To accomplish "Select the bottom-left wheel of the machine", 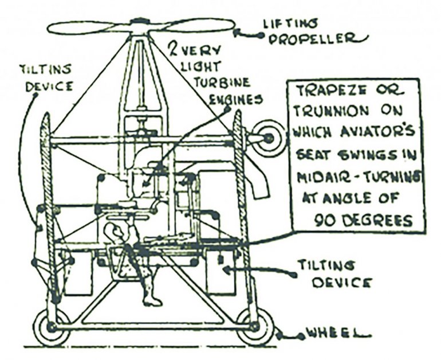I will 51,327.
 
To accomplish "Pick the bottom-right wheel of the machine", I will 255,327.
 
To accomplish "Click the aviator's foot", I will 152,301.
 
